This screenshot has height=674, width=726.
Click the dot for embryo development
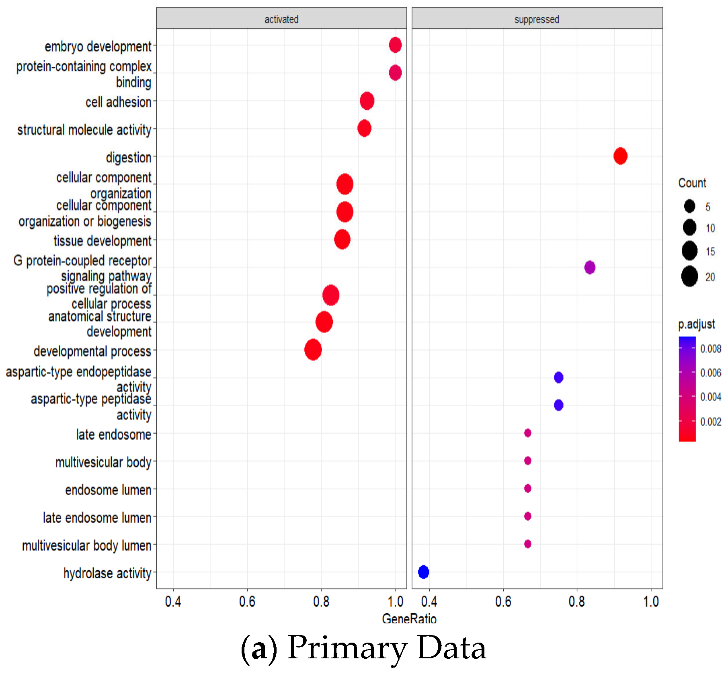(x=395, y=45)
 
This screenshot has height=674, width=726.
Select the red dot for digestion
(x=620, y=156)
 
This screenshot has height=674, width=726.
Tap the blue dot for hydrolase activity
(x=423, y=572)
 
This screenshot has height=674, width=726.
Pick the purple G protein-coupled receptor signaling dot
(x=589, y=267)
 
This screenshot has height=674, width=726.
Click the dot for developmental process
(x=313, y=350)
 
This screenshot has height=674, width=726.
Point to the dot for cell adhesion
(x=367, y=100)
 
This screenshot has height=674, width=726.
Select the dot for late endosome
(x=527, y=433)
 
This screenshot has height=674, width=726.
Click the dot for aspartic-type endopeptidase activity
(x=558, y=377)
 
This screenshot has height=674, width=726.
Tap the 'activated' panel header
(x=281, y=19)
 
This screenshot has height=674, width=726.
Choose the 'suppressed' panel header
(x=537, y=19)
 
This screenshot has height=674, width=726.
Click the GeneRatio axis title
(x=409, y=619)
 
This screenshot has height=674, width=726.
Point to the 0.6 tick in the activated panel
(x=247, y=601)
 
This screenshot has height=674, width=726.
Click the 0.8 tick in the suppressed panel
(x=576, y=601)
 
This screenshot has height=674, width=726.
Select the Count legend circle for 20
(x=689, y=277)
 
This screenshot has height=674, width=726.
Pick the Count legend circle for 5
(x=689, y=206)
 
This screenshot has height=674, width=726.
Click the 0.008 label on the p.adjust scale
(x=710, y=349)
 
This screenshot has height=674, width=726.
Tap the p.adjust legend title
(x=696, y=324)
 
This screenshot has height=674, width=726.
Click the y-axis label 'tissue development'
(x=103, y=241)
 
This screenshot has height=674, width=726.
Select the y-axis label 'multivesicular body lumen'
(x=86, y=545)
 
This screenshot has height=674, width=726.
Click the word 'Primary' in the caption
(x=347, y=648)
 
